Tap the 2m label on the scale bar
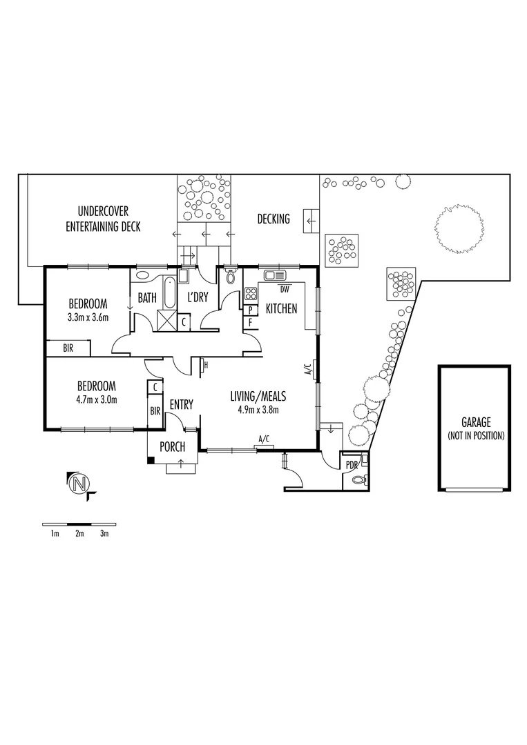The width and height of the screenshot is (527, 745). click(79, 533)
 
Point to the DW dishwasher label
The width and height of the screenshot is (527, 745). click(285, 288)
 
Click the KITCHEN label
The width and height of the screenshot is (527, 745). click(281, 309)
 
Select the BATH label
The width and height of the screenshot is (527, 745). click(147, 298)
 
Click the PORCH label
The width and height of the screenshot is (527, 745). click(172, 447)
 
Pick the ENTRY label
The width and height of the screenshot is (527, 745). click(181, 404)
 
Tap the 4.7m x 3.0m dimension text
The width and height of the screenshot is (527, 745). click(96, 399)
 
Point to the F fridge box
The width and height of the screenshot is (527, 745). click(251, 321)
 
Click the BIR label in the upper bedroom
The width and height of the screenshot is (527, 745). click(68, 349)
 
